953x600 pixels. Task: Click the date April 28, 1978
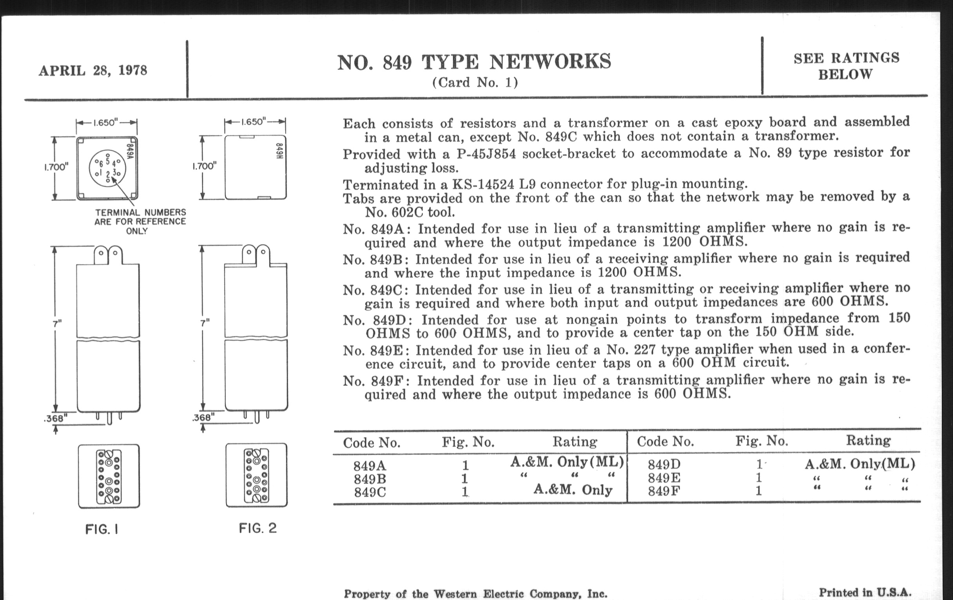pyautogui.click(x=92, y=71)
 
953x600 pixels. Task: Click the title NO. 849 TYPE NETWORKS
pyautogui.click(x=474, y=62)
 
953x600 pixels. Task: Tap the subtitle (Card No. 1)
pyautogui.click(x=475, y=82)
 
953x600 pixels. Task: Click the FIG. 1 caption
pyautogui.click(x=102, y=529)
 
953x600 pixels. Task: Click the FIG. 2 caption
pyautogui.click(x=257, y=528)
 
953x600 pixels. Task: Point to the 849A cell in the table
pyautogui.click(x=370, y=465)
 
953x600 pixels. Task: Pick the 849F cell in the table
pyautogui.click(x=664, y=491)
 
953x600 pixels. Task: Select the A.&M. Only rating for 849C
pyautogui.click(x=573, y=490)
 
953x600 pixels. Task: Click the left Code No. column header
pyautogui.click(x=371, y=442)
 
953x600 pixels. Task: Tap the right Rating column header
pyautogui.click(x=868, y=440)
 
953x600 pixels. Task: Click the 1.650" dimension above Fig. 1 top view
pyautogui.click(x=106, y=122)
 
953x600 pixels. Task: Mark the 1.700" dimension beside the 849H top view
pyautogui.click(x=204, y=166)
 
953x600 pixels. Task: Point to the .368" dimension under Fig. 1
pyautogui.click(x=55, y=418)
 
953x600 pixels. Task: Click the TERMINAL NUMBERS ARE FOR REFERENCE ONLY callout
pyautogui.click(x=140, y=222)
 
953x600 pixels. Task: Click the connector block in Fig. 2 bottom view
pyautogui.click(x=256, y=475)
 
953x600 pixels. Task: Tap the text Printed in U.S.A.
pyautogui.click(x=865, y=593)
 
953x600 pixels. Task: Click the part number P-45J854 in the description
pyautogui.click(x=479, y=154)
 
